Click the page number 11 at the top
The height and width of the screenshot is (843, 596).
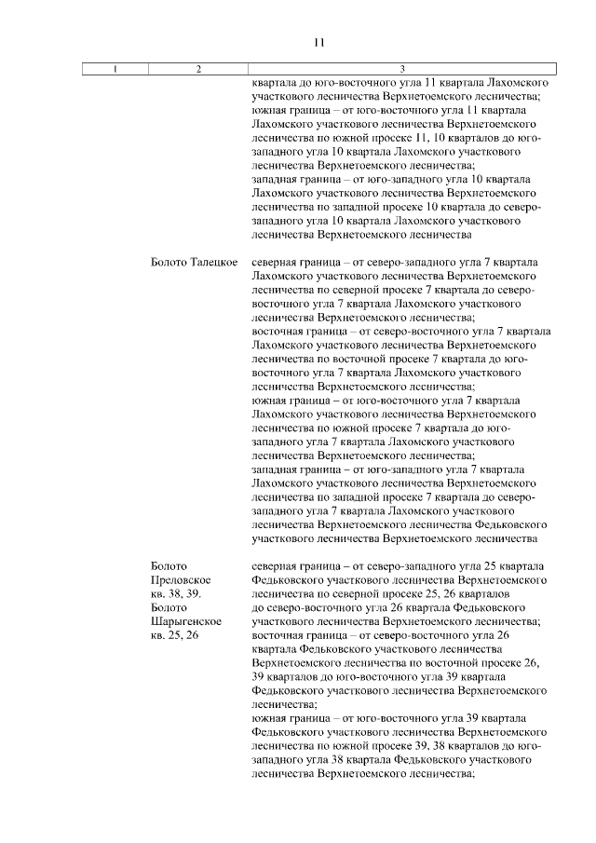point(318,42)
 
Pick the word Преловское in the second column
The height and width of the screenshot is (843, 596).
point(179,579)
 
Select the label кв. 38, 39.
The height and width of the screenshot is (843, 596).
point(176,593)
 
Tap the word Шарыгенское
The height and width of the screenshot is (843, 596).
point(185,621)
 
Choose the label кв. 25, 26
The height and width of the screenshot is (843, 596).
point(175,635)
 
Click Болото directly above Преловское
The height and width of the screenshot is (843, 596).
point(169,565)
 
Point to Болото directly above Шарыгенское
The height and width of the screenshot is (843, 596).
point(169,607)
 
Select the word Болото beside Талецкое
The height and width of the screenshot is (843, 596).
point(169,264)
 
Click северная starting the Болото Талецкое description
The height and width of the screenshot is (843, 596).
point(276,264)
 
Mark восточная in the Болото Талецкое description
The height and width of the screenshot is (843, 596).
point(279,331)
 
